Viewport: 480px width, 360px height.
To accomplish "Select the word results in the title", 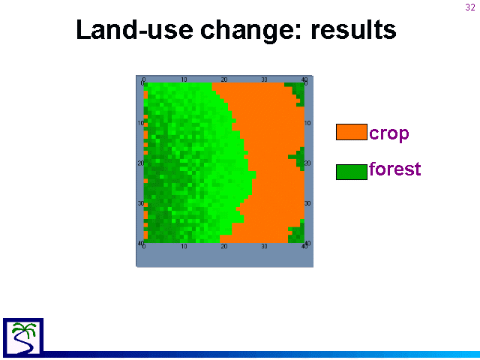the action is coord(353,30).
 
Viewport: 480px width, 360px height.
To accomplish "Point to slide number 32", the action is coord(470,7).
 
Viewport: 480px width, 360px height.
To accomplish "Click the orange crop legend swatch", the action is coord(352,132).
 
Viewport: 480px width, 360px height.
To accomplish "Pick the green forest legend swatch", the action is coord(352,172).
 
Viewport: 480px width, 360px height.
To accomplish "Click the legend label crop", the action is coord(389,134).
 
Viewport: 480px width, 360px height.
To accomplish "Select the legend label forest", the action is coord(395,169).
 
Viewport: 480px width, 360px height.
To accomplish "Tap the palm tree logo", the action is coord(23,337).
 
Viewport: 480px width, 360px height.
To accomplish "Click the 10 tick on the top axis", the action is coord(184,79).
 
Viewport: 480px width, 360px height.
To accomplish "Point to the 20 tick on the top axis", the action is coord(224,79).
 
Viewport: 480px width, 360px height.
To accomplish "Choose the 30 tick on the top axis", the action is coord(264,79).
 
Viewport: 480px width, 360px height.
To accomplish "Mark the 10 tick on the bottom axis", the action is coord(184,247).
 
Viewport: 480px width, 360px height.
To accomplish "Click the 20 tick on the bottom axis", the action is coord(224,247).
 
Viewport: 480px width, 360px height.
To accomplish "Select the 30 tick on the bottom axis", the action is coord(264,247).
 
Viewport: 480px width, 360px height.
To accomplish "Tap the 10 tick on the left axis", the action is coord(140,123).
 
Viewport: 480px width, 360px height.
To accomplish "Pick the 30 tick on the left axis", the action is coord(140,203).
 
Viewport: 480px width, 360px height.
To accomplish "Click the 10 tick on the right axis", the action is coord(307,123).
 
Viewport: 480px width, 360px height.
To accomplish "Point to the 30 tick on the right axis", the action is coord(307,203).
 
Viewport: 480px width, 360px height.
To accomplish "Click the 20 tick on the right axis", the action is coord(307,163).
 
